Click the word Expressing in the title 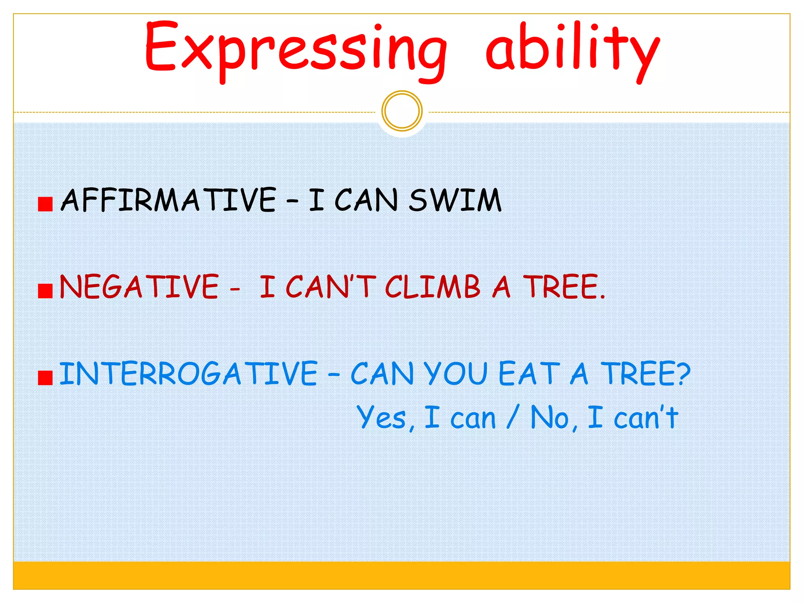point(296,49)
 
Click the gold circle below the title point(402,111)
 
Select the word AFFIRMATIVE point(168,200)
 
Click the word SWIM point(455,200)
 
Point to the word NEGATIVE point(139,287)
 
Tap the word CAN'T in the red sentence point(331,287)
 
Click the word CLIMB point(432,287)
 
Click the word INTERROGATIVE point(188,373)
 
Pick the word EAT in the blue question point(528,373)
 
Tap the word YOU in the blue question point(455,373)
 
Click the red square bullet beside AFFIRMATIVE point(45,204)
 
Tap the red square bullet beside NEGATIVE point(45,291)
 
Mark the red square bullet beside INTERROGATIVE point(45,378)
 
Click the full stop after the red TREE point(603,297)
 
